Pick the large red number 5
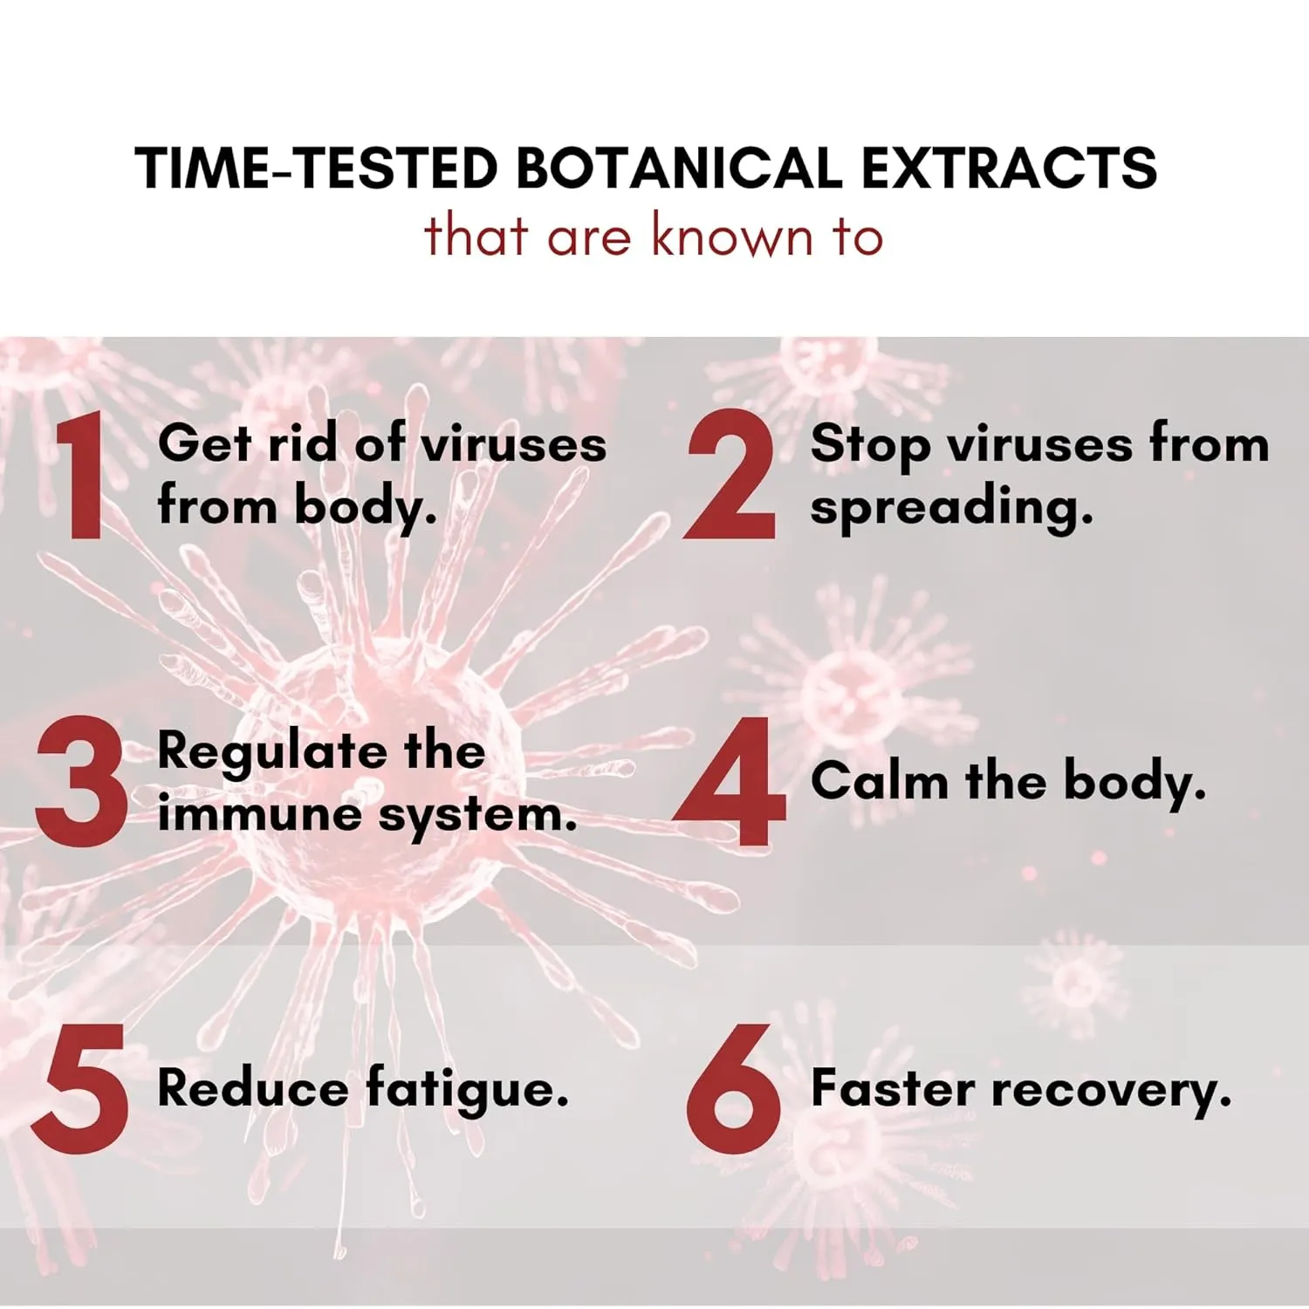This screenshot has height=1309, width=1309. coord(80,1088)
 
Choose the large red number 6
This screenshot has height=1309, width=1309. coord(733,1088)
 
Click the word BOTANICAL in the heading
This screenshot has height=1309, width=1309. coord(680,168)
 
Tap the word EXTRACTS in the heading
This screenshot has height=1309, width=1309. coord(1009,168)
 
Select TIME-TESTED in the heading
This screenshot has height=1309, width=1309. coord(317,168)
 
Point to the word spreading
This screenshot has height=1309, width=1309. coord(951,508)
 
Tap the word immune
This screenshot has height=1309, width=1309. coord(260,815)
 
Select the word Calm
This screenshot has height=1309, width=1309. coord(880,779)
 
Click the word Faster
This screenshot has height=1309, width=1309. coord(893,1088)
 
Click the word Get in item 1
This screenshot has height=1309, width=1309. coord(205,442)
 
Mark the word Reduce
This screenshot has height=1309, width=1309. coord(253,1088)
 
